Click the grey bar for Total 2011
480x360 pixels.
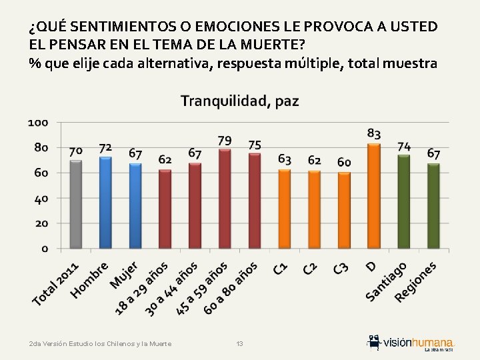pyautogui.click(x=76, y=204)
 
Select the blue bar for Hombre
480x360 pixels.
pyautogui.click(x=105, y=202)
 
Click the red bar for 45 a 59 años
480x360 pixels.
pyautogui.click(x=225, y=199)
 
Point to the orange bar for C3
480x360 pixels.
pyautogui.click(x=344, y=210)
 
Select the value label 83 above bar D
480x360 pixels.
pyautogui.click(x=374, y=133)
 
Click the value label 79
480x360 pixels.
pyautogui.click(x=225, y=141)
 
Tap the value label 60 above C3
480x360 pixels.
pyautogui.click(x=344, y=162)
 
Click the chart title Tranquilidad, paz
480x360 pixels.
pyautogui.click(x=240, y=101)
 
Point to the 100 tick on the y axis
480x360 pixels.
pyautogui.click(x=38, y=123)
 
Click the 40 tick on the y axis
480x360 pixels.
pyautogui.click(x=41, y=199)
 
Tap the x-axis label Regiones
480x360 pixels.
pyautogui.click(x=416, y=281)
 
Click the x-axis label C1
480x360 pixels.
pyautogui.click(x=281, y=269)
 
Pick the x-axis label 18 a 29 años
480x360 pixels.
pyautogui.click(x=140, y=288)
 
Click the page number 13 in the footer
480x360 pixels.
pyautogui.click(x=240, y=343)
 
